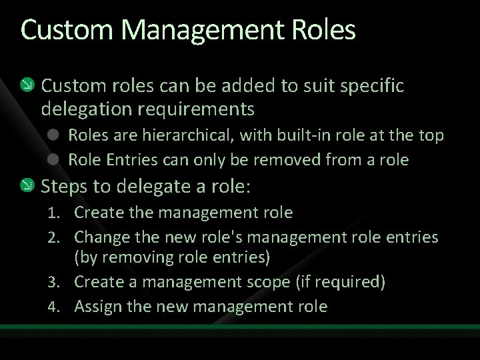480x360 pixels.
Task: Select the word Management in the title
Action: pos(191,31)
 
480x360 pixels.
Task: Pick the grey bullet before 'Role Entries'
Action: pos(53,159)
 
